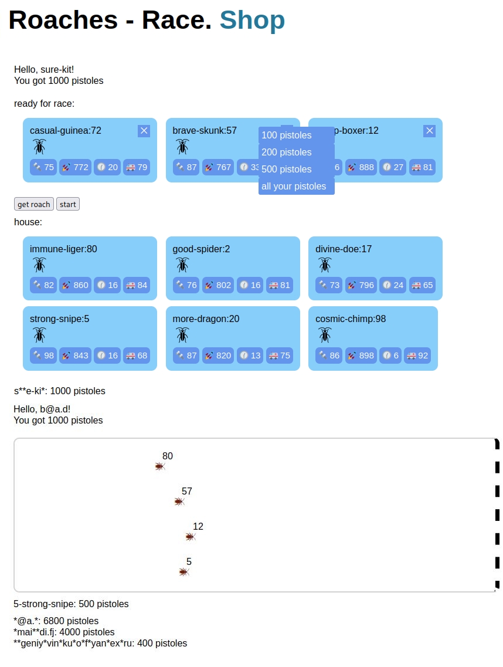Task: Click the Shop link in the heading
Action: [x=252, y=20]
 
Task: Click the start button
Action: [x=68, y=204]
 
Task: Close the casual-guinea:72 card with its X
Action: [x=144, y=131]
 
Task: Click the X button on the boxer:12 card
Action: [x=429, y=131]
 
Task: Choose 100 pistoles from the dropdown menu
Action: [x=296, y=136]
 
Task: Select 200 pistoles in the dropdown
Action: [x=296, y=153]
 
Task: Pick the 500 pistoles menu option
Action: [x=296, y=170]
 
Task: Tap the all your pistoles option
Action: [x=296, y=187]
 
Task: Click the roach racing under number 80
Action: [x=160, y=466]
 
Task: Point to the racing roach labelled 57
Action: [x=179, y=502]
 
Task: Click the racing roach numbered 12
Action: [x=190, y=537]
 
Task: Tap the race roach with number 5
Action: [x=184, y=572]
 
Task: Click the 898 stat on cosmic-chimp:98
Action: [x=360, y=355]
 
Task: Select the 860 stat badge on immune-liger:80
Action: [x=75, y=286]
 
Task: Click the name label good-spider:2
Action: [x=201, y=249]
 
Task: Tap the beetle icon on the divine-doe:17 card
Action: [x=325, y=265]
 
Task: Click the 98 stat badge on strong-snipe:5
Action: [x=43, y=355]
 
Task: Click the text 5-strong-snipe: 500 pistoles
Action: [x=71, y=604]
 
